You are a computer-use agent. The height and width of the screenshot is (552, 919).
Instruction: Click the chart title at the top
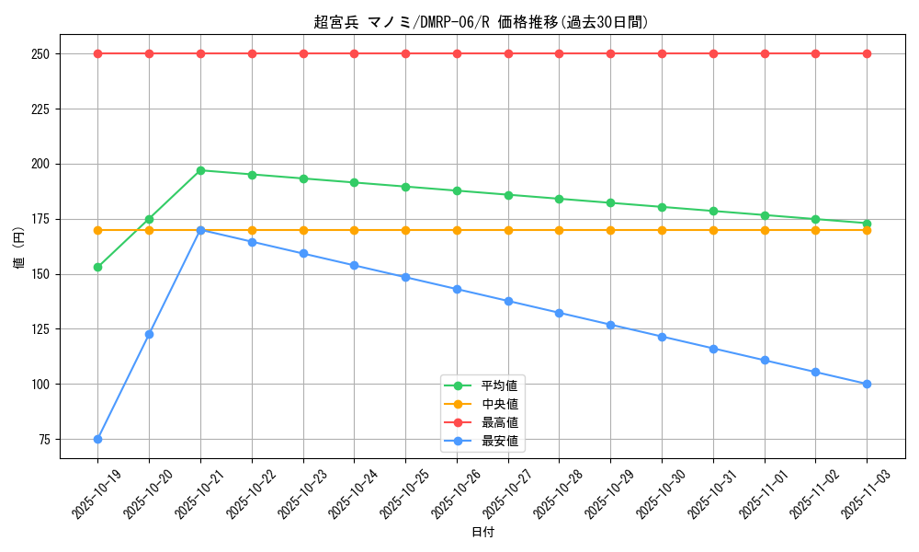click(x=482, y=22)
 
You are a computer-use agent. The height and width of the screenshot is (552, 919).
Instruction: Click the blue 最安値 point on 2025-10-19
click(x=97, y=439)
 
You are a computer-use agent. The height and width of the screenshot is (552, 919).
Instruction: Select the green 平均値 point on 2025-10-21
click(x=200, y=170)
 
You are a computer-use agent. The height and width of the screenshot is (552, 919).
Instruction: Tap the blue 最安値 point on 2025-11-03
click(x=867, y=384)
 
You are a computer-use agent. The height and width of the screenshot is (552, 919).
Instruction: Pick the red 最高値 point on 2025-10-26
click(x=457, y=53)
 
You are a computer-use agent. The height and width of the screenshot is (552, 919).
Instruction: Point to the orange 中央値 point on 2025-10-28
click(x=559, y=230)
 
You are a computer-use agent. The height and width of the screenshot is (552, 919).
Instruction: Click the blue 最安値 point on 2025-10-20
click(x=149, y=334)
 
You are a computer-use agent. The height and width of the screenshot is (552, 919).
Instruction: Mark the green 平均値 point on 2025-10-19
click(x=97, y=267)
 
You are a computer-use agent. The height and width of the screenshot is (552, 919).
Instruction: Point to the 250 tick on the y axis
click(x=42, y=53)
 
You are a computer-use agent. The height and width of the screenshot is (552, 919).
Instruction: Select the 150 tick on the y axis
click(x=42, y=274)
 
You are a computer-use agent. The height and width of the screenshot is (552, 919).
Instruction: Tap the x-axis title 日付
click(x=482, y=533)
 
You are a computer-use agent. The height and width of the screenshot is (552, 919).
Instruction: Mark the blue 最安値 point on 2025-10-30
click(x=662, y=337)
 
